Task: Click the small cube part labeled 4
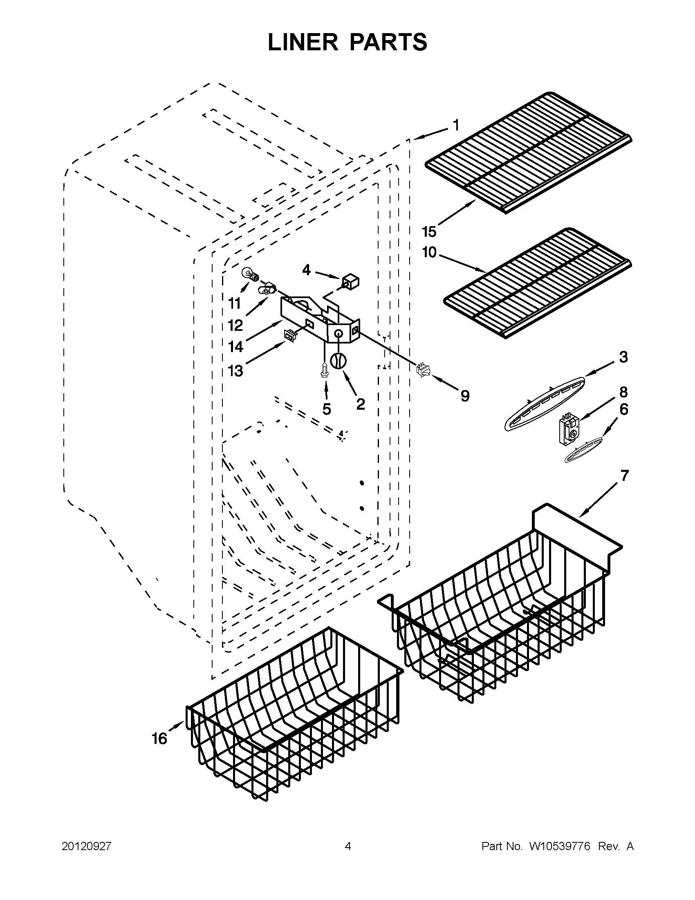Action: click(350, 283)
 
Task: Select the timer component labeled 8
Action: click(568, 430)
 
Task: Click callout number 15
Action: click(429, 232)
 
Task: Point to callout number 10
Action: click(429, 252)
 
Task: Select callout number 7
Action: click(624, 476)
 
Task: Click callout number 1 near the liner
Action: click(456, 125)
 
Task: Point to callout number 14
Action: click(235, 347)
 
